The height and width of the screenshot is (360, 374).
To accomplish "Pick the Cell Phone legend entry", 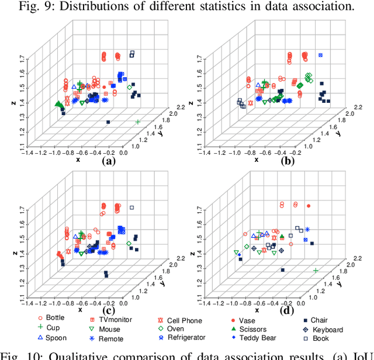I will point(183,321).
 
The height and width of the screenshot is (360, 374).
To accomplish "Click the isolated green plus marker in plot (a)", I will point(138,122).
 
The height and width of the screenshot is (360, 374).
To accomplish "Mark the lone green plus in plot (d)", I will point(316,271).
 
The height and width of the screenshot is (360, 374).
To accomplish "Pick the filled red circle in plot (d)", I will point(309,206).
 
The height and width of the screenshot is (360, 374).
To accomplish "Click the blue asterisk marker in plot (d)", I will point(306,229).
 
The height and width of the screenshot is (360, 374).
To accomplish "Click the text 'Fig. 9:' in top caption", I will point(58,6).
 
